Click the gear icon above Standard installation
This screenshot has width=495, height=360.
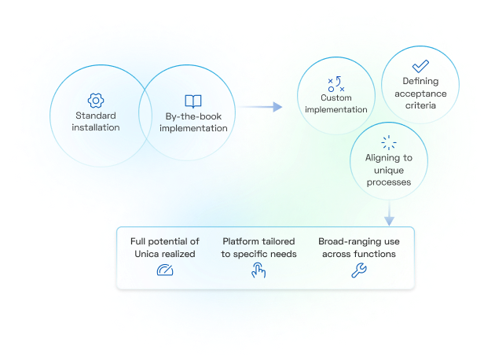[x=95, y=100]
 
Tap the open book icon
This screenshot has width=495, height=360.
[x=192, y=101]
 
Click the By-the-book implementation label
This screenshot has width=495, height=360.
[x=193, y=123]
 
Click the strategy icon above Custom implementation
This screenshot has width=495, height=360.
[x=335, y=84]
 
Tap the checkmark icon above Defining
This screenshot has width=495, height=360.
[x=420, y=65]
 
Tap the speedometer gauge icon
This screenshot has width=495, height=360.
[x=164, y=271]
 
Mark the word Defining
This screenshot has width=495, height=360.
[x=420, y=81]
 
